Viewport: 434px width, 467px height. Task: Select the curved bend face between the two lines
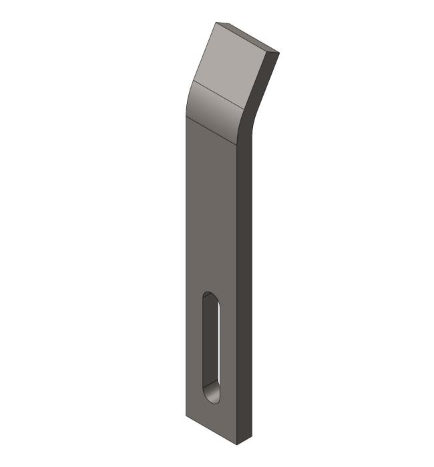pos(217,110)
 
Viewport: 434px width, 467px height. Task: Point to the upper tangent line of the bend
pos(217,93)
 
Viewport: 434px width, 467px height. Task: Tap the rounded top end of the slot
pos(210,296)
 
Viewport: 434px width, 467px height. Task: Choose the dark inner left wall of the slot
pos(208,347)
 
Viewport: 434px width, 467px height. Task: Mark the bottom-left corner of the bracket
pos(186,416)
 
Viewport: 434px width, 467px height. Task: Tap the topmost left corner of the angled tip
pos(217,23)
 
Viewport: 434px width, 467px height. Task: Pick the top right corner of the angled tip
pos(278,52)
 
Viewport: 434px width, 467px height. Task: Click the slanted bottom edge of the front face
pos(212,430)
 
